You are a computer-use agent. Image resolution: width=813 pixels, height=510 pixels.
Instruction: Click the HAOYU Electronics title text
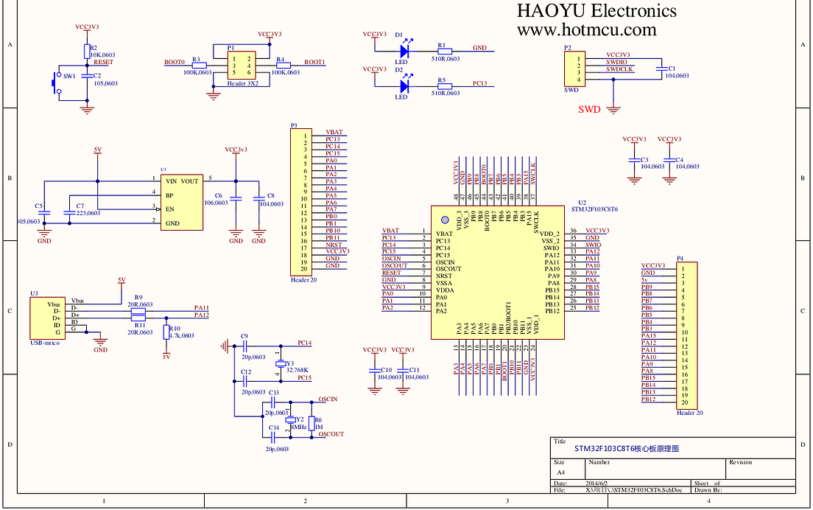pyautogui.click(x=596, y=11)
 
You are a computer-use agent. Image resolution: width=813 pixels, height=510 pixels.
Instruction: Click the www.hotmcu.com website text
pyautogui.click(x=586, y=30)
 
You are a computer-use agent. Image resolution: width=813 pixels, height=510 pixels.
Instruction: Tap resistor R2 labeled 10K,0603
pyautogui.click(x=86, y=51)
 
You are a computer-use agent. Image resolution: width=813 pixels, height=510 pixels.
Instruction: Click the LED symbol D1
pyautogui.click(x=404, y=51)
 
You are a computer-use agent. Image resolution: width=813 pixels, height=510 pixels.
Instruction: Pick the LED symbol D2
pyautogui.click(x=404, y=86)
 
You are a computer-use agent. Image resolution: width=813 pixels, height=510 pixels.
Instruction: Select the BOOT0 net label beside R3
pyautogui.click(x=175, y=63)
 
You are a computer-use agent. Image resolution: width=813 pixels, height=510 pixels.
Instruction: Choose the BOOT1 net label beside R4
pyautogui.click(x=314, y=63)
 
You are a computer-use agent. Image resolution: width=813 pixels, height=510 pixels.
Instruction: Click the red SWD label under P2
pyautogui.click(x=589, y=110)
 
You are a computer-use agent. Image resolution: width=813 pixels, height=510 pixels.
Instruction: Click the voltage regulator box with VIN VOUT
pyautogui.click(x=181, y=201)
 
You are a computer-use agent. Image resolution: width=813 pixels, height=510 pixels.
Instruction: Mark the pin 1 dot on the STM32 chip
pyautogui.click(x=444, y=220)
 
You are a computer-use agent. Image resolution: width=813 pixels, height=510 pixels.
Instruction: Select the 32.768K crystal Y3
pyautogui.click(x=280, y=363)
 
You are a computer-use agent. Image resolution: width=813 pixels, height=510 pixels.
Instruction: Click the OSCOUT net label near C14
pyautogui.click(x=331, y=434)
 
